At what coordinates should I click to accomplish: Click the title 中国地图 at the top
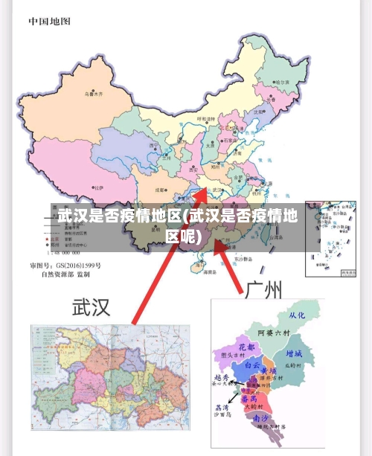[50, 22]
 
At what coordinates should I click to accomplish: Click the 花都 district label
[247, 347]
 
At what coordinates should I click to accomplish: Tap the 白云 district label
[252, 365]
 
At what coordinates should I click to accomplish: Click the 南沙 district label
[262, 420]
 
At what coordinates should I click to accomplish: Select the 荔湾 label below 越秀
[222, 408]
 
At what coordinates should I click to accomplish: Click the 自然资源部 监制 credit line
[65, 274]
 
